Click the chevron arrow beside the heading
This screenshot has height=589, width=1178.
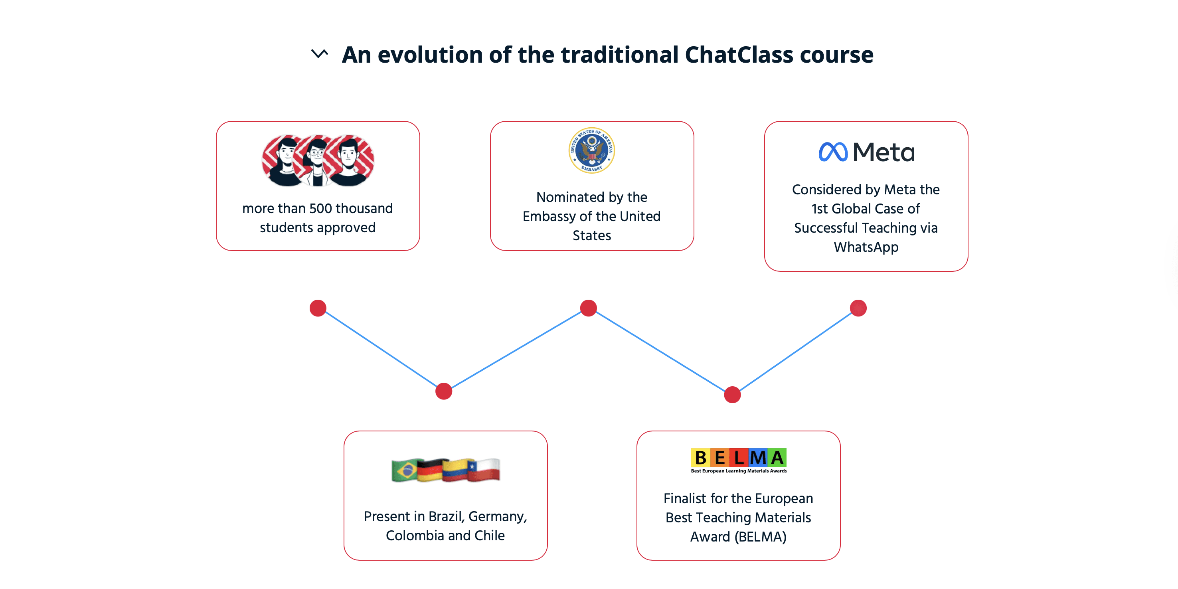point(320,53)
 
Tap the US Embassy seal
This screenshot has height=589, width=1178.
point(591,150)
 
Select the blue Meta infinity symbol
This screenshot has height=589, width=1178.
point(833,152)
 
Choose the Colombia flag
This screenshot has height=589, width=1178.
point(457,470)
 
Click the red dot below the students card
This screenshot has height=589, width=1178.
point(318,308)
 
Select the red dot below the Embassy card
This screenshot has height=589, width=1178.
point(589,308)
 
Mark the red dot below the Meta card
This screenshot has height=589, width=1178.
point(858,308)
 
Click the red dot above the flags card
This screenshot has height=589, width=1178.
point(444,391)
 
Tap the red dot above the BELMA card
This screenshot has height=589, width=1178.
point(732,395)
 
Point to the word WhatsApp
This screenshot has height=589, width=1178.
point(866,247)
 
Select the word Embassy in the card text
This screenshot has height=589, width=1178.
point(549,216)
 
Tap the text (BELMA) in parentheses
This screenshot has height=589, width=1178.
point(760,536)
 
